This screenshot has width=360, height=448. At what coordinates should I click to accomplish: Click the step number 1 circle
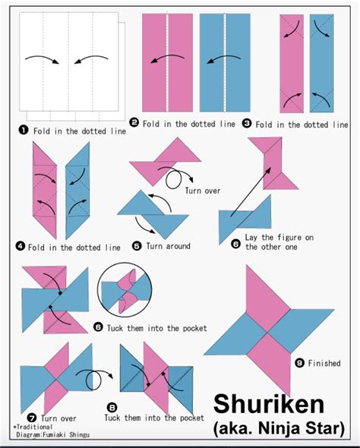click(24, 130)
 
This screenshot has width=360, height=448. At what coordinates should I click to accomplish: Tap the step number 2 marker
click(134, 122)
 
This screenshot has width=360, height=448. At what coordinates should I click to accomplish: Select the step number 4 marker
click(21, 247)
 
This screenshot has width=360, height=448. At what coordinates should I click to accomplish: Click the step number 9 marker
click(300, 364)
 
